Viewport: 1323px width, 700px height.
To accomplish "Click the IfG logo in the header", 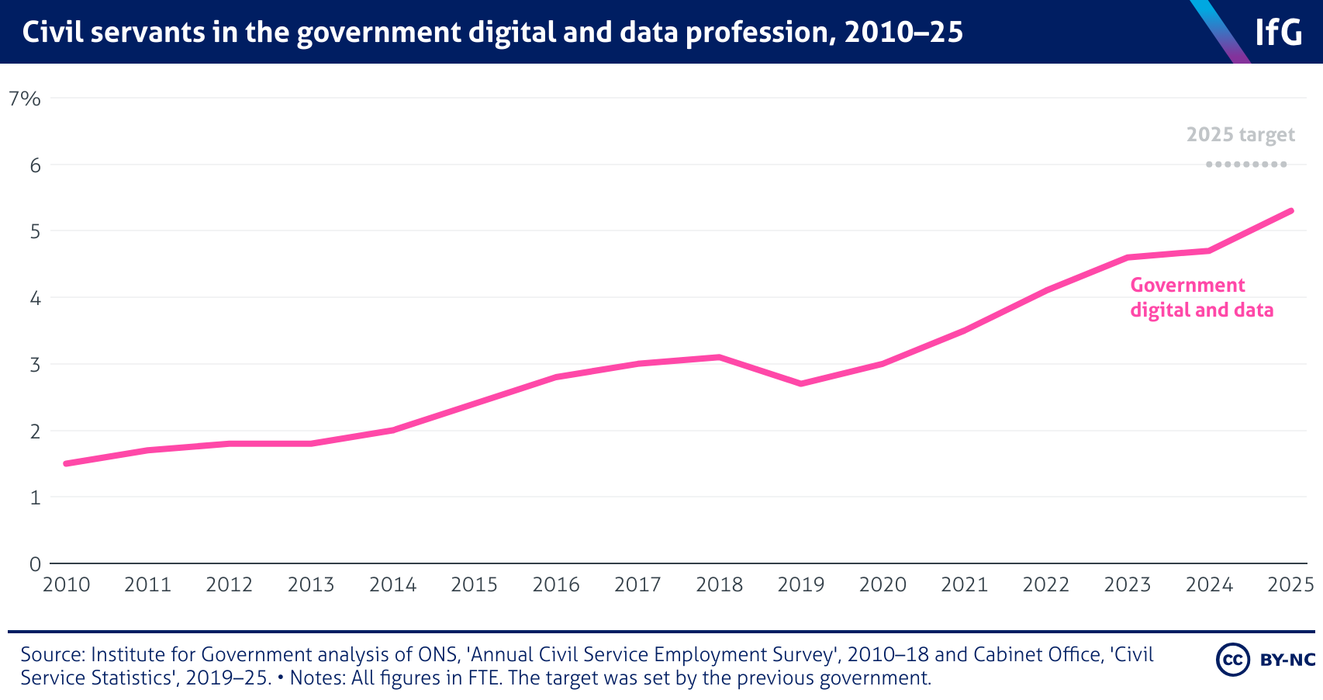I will (x=1278, y=33).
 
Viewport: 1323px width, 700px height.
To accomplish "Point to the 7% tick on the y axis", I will (x=24, y=99).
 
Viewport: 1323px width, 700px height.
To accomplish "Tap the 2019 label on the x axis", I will (x=801, y=585).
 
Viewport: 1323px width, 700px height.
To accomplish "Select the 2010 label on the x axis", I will (x=67, y=585).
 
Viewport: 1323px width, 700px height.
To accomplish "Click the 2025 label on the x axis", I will (x=1290, y=585).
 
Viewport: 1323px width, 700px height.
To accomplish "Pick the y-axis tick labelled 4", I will (x=35, y=298).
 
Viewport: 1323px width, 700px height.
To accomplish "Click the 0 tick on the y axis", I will (x=35, y=564).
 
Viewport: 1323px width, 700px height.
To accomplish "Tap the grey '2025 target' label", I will (x=1241, y=135).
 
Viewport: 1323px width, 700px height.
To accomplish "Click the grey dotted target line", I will (x=1246, y=165).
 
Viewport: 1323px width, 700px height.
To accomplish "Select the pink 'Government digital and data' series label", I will (x=1201, y=298).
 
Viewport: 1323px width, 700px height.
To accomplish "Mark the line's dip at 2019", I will (x=801, y=383).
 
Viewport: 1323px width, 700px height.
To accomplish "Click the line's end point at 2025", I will (x=1290, y=211).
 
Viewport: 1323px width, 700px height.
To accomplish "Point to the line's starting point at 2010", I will (x=67, y=463).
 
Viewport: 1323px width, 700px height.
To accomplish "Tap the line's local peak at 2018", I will (x=720, y=357).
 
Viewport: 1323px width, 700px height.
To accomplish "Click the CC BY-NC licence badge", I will (x=1266, y=660).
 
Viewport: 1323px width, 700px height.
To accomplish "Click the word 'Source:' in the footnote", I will (x=53, y=655).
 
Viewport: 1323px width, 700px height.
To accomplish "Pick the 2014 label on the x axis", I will (x=393, y=585).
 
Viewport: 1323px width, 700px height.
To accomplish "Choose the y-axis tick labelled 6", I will (x=35, y=165).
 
